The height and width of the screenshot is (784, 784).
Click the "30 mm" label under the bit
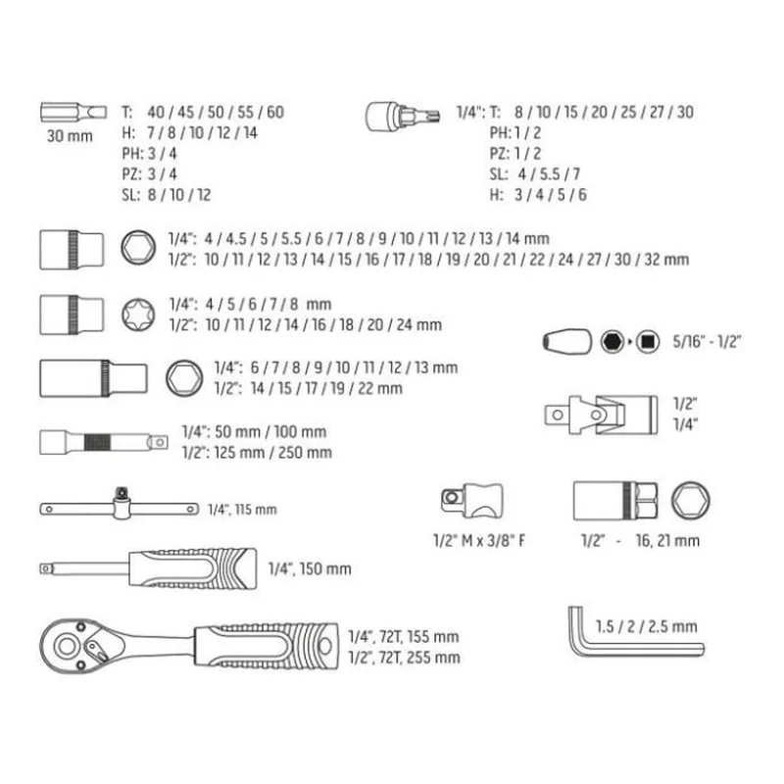(x=70, y=136)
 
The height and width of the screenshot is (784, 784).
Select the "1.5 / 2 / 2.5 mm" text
(x=646, y=626)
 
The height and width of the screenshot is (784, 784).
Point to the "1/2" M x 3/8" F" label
(x=479, y=541)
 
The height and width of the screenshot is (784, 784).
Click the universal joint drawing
(x=601, y=415)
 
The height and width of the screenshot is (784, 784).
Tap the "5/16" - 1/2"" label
(x=707, y=341)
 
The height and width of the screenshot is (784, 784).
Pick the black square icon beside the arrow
(x=648, y=342)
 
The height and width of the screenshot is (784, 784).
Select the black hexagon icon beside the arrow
(x=612, y=342)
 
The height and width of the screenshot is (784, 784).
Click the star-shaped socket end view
(x=138, y=315)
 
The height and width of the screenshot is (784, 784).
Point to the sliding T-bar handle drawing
(x=119, y=506)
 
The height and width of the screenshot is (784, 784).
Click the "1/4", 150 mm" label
(x=310, y=569)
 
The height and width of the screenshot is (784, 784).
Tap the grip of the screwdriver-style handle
(x=193, y=568)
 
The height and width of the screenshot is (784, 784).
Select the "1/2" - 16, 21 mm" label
(x=640, y=541)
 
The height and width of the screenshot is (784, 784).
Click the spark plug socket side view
(x=615, y=501)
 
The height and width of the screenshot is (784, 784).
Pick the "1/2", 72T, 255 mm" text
(x=404, y=658)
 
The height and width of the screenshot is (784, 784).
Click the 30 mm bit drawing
(x=73, y=112)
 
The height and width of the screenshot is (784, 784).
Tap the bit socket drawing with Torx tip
(x=403, y=116)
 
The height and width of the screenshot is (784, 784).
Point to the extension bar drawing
(x=104, y=442)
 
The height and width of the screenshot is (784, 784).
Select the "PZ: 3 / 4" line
(x=150, y=174)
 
